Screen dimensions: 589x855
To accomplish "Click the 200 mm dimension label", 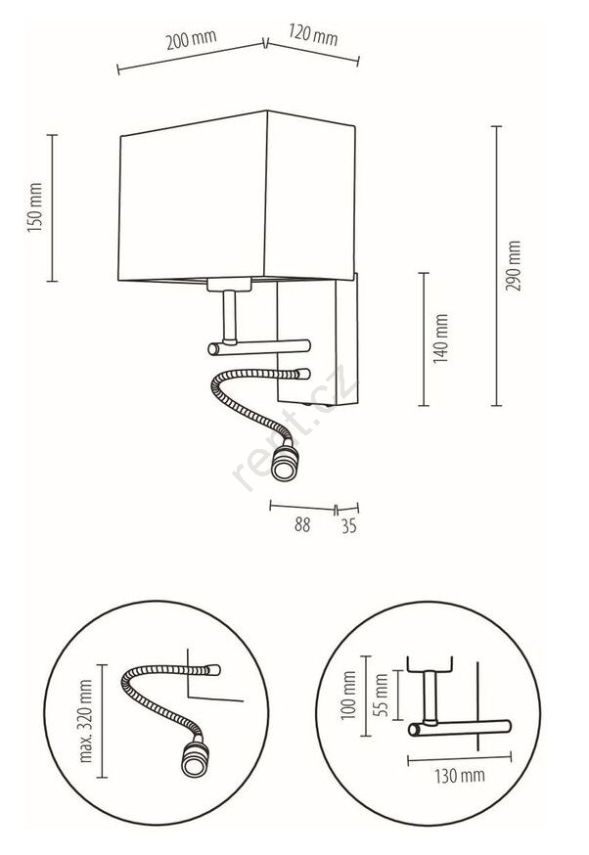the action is pos(192,39).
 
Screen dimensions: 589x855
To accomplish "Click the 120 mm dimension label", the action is pos(313,35).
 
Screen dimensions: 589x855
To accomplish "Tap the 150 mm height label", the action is pos(35,207).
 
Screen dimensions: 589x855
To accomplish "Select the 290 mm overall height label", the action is pos(514,265).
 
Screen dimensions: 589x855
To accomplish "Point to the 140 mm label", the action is pos(440,338).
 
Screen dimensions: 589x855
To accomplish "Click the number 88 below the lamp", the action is pos(302,524).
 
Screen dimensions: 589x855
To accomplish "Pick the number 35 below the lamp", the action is pos(349,525).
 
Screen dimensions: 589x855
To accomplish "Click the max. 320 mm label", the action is pos(86,721).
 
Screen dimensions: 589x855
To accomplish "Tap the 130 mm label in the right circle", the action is pos(460,776).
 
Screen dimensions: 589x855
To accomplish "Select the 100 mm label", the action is pos(348,696).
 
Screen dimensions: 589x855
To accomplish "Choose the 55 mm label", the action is pos(382,696).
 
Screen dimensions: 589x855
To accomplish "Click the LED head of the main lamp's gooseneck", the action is pos(285,463).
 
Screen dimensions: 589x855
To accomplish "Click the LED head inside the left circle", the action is pos(195,758).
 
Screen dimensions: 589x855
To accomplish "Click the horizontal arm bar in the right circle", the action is pos(460,728).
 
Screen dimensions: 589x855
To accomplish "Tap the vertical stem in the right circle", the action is pos(430,697).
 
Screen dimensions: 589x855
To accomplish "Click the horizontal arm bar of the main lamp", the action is pos(259,347).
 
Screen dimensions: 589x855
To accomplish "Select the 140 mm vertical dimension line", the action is pos(424,339).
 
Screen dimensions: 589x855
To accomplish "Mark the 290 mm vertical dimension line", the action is pos(496,265).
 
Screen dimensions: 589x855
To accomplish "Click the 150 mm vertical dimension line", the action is pos(53,207).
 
